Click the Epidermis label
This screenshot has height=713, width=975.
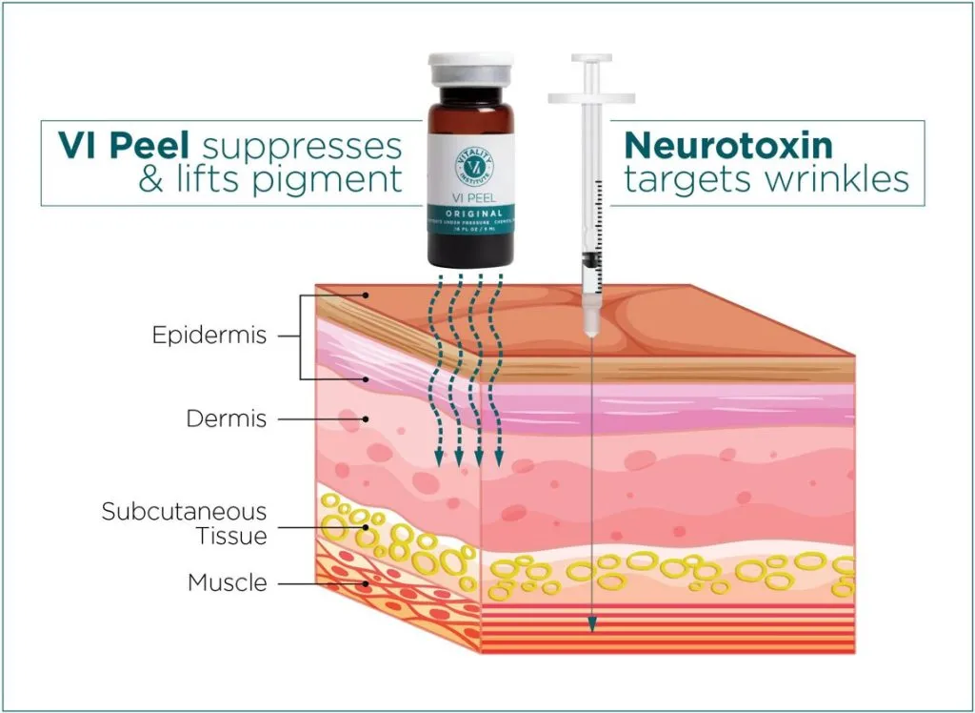pyautogui.click(x=209, y=336)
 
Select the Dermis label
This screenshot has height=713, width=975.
pyautogui.click(x=227, y=418)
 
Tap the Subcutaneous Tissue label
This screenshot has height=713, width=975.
pyautogui.click(x=185, y=523)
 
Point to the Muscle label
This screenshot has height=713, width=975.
pyautogui.click(x=227, y=581)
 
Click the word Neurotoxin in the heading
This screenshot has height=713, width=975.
pyautogui.click(x=728, y=146)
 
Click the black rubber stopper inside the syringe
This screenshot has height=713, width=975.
pyautogui.click(x=590, y=258)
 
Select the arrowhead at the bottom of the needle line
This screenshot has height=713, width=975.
pyautogui.click(x=591, y=625)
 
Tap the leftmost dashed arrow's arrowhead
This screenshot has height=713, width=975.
pyautogui.click(x=439, y=459)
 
